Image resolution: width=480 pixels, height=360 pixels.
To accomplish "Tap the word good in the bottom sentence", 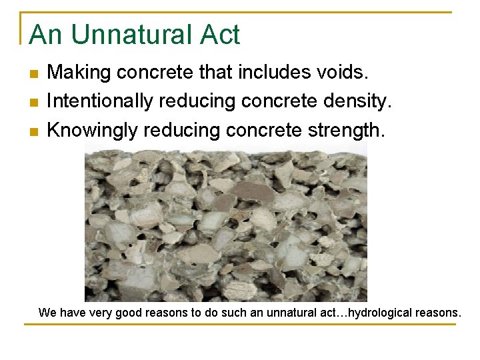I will (x=131, y=312).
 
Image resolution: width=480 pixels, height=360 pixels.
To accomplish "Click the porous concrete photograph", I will (x=225, y=223).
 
